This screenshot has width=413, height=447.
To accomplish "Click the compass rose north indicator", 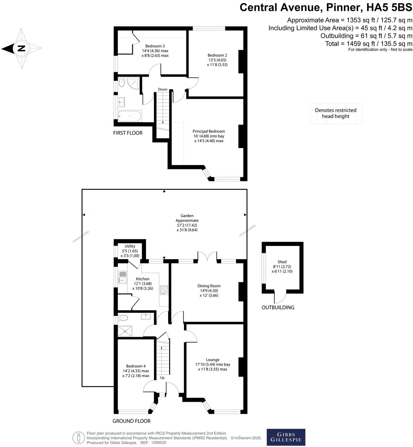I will pyautogui.click(x=21, y=49).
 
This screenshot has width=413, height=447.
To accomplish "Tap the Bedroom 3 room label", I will pyautogui.click(x=155, y=51).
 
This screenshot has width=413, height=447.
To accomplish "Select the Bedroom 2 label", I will pyautogui.click(x=217, y=60).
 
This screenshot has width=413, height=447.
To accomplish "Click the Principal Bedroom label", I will pyautogui.click(x=208, y=136).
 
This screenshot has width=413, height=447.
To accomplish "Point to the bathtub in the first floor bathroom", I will pyautogui.click(x=130, y=116).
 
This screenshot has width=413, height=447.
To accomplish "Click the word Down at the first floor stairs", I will pyautogui.click(x=162, y=90).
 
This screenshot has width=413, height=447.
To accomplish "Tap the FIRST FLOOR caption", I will pyautogui.click(x=128, y=133).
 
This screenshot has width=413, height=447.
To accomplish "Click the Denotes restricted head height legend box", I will pyautogui.click(x=336, y=113).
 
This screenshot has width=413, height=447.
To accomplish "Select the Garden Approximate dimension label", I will pyautogui.click(x=187, y=223).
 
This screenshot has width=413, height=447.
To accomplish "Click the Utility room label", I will pyautogui.click(x=130, y=251).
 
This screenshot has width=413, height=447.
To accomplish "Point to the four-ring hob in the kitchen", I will pyautogui.click(x=164, y=290).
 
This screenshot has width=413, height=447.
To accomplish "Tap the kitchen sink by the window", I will pyautogui.click(x=122, y=277).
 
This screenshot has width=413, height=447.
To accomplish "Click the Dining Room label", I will pyautogui.click(x=209, y=291).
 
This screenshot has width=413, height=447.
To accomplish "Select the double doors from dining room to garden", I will pyautogui.click(x=207, y=258).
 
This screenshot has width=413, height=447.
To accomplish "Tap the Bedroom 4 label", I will pyautogui.click(x=136, y=371).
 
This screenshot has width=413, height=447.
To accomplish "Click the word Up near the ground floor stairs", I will pyautogui.click(x=162, y=378).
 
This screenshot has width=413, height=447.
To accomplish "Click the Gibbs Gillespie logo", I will pyautogui.click(x=286, y=437).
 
